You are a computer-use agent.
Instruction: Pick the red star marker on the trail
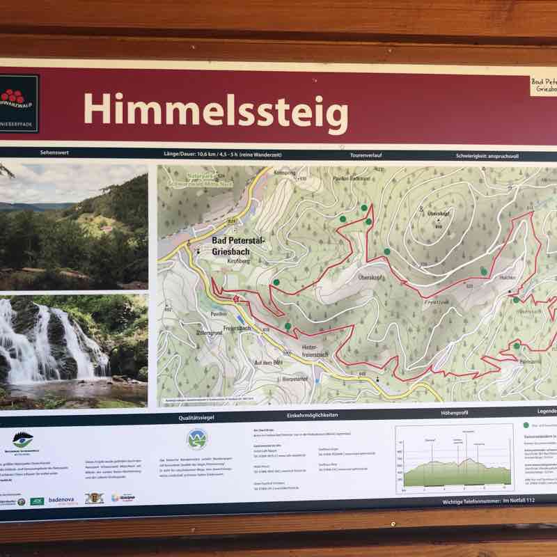point(235,299)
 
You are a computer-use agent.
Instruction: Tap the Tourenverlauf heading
point(367,155)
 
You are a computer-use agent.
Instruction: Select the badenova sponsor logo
point(68,500)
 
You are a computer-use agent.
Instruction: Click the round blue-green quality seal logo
point(197,440)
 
